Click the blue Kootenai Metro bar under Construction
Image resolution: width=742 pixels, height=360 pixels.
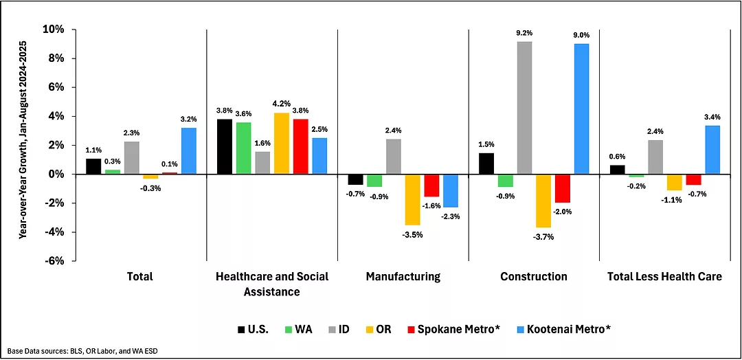pyautogui.click(x=581, y=109)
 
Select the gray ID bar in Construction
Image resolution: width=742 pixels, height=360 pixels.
pyautogui.click(x=524, y=108)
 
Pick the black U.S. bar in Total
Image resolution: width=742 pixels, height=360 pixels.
pyautogui.click(x=93, y=166)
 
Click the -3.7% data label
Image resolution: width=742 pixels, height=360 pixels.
pyautogui.click(x=543, y=237)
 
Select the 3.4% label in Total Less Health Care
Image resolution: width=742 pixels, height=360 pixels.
pyautogui.click(x=712, y=115)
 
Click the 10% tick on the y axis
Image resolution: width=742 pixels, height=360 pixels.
pyautogui.click(x=54, y=30)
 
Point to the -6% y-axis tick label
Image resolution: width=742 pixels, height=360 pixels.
pyautogui.click(x=56, y=260)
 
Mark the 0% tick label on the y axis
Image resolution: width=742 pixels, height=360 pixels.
pyautogui.click(x=57, y=174)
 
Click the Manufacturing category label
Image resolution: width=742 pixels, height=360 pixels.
pyautogui.click(x=403, y=277)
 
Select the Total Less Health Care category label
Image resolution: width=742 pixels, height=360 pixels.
pyautogui.click(x=664, y=277)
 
